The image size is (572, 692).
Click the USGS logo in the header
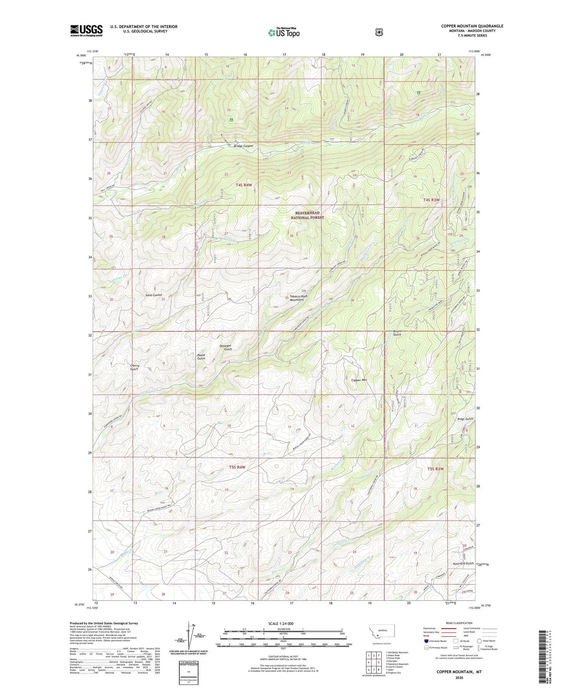coord(86,30)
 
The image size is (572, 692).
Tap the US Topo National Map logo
coord(284,32)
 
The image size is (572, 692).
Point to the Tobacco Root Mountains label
coord(298,298)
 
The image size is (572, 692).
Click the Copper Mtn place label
coord(359,380)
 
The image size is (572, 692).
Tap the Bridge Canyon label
coord(243,146)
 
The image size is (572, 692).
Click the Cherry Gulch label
coord(135,367)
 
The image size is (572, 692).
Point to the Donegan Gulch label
coord(225,347)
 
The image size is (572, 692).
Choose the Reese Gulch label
coord(201,356)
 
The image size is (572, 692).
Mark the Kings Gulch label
coord(465,419)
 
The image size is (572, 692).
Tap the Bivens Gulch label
coord(397,332)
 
